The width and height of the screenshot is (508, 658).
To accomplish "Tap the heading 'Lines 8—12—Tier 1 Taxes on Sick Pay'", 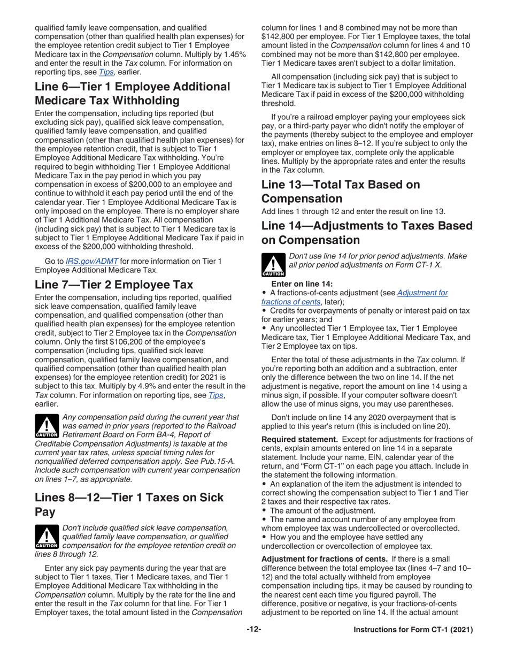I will coord(129,504).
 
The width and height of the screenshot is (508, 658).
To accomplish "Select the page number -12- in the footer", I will coord(253,630).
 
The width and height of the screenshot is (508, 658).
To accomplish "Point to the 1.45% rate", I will coord(232,55).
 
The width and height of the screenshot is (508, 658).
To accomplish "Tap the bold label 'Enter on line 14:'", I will coord(302,284).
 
